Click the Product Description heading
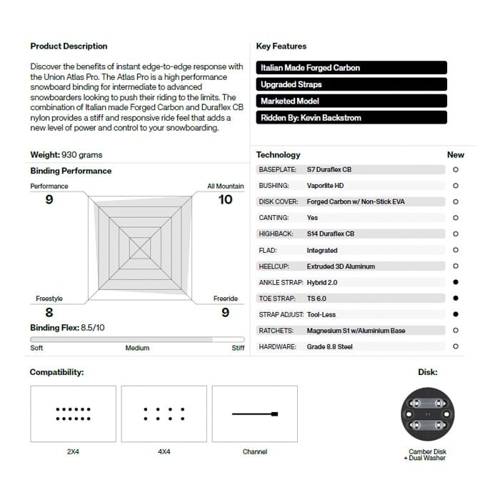coord(69,46)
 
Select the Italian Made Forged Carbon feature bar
coord(351,68)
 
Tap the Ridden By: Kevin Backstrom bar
coord(351,117)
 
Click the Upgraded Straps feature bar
coord(351,84)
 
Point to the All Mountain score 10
coord(225,200)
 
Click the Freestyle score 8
coord(49,312)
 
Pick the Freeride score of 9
coord(225,312)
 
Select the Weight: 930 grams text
coord(66,155)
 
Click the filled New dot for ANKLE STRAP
coord(456,282)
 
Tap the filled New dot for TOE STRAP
coord(456,299)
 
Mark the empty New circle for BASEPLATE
coord(456,170)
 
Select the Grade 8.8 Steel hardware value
coord(329,347)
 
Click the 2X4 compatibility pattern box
coord(73,414)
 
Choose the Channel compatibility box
coord(254,414)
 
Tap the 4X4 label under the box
coord(164,452)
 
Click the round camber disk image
coord(427,414)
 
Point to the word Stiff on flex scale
coord(238,349)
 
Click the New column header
coord(455,155)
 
